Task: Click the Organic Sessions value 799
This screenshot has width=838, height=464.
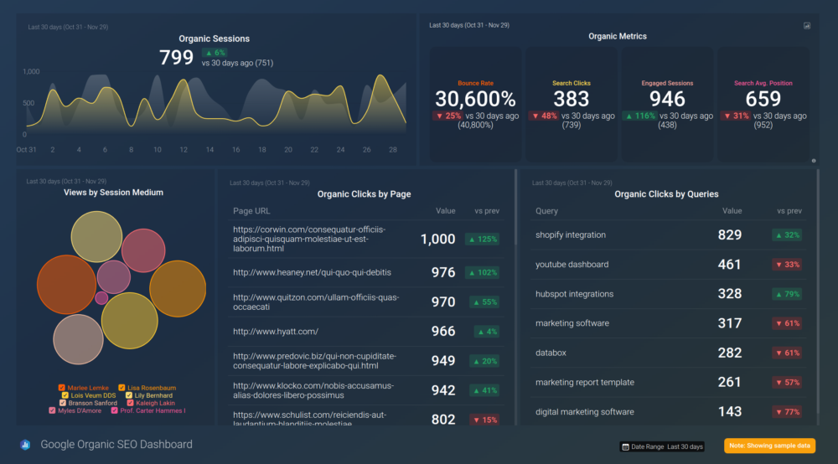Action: click(x=177, y=58)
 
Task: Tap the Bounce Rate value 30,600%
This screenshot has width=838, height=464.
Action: click(x=475, y=99)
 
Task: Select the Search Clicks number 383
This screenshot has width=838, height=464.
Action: click(x=572, y=99)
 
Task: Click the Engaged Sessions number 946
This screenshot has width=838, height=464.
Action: click(x=667, y=99)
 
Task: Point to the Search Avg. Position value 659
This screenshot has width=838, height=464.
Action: click(x=763, y=99)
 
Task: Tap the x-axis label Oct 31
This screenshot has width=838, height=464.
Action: click(x=26, y=150)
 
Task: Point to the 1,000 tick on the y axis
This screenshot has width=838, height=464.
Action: click(x=31, y=72)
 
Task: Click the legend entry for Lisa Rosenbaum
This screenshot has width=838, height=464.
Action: click(x=149, y=388)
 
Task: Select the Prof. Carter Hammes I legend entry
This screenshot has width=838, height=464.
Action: click(x=152, y=410)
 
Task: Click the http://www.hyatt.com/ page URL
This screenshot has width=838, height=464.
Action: click(x=276, y=332)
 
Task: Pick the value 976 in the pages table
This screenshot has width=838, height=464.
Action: click(x=442, y=272)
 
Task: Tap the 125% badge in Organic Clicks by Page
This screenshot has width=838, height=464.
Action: click(x=484, y=240)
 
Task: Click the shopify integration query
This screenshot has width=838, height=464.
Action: click(x=571, y=235)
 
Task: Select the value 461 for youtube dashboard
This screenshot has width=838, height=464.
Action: click(x=729, y=265)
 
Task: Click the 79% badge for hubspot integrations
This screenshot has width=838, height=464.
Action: click(x=786, y=294)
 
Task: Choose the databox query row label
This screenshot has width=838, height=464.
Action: click(x=551, y=353)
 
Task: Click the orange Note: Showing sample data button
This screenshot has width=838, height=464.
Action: click(x=769, y=446)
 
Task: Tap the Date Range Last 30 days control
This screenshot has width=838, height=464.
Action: click(x=662, y=446)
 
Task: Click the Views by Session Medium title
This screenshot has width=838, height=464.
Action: click(x=113, y=193)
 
